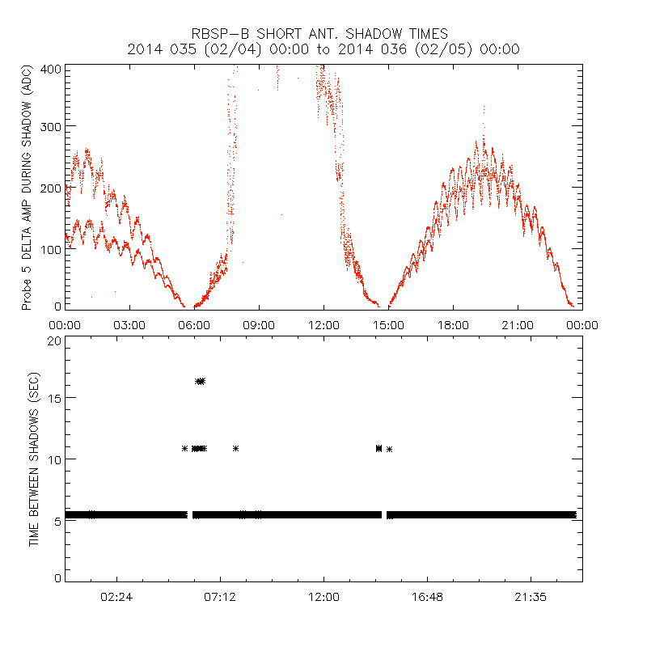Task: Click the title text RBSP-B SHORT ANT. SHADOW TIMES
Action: click(323, 33)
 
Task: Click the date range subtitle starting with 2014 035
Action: click(323, 49)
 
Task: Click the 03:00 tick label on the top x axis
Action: click(129, 324)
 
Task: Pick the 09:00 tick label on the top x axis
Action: click(259, 324)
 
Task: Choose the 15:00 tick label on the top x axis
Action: click(388, 324)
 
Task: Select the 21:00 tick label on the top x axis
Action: click(518, 324)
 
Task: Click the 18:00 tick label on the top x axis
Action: click(453, 324)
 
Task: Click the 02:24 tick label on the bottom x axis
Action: click(116, 596)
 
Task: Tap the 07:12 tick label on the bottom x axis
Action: click(220, 596)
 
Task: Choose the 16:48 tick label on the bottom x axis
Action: click(427, 596)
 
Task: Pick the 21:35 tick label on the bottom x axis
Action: click(531, 596)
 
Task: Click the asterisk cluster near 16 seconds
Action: click(200, 381)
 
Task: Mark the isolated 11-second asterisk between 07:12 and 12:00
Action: click(235, 448)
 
